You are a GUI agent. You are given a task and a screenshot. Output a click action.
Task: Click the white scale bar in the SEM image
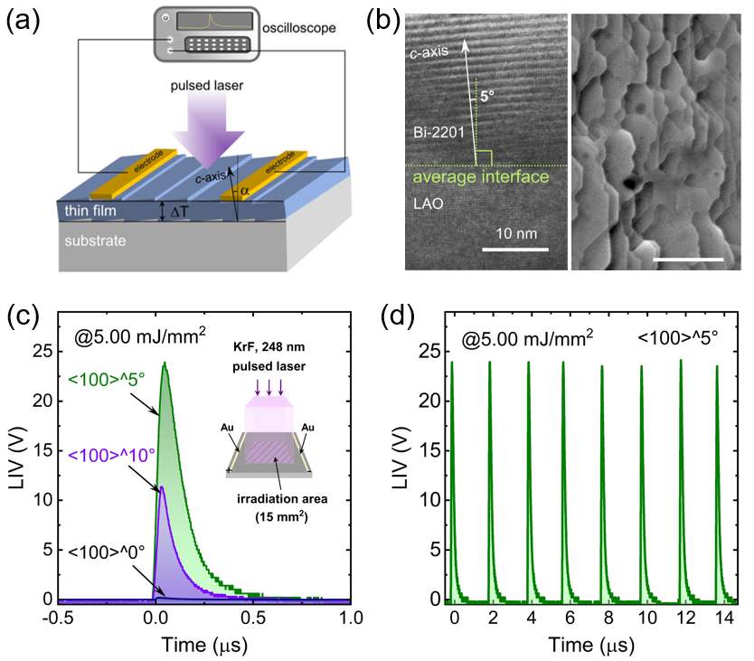tap(688, 260)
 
